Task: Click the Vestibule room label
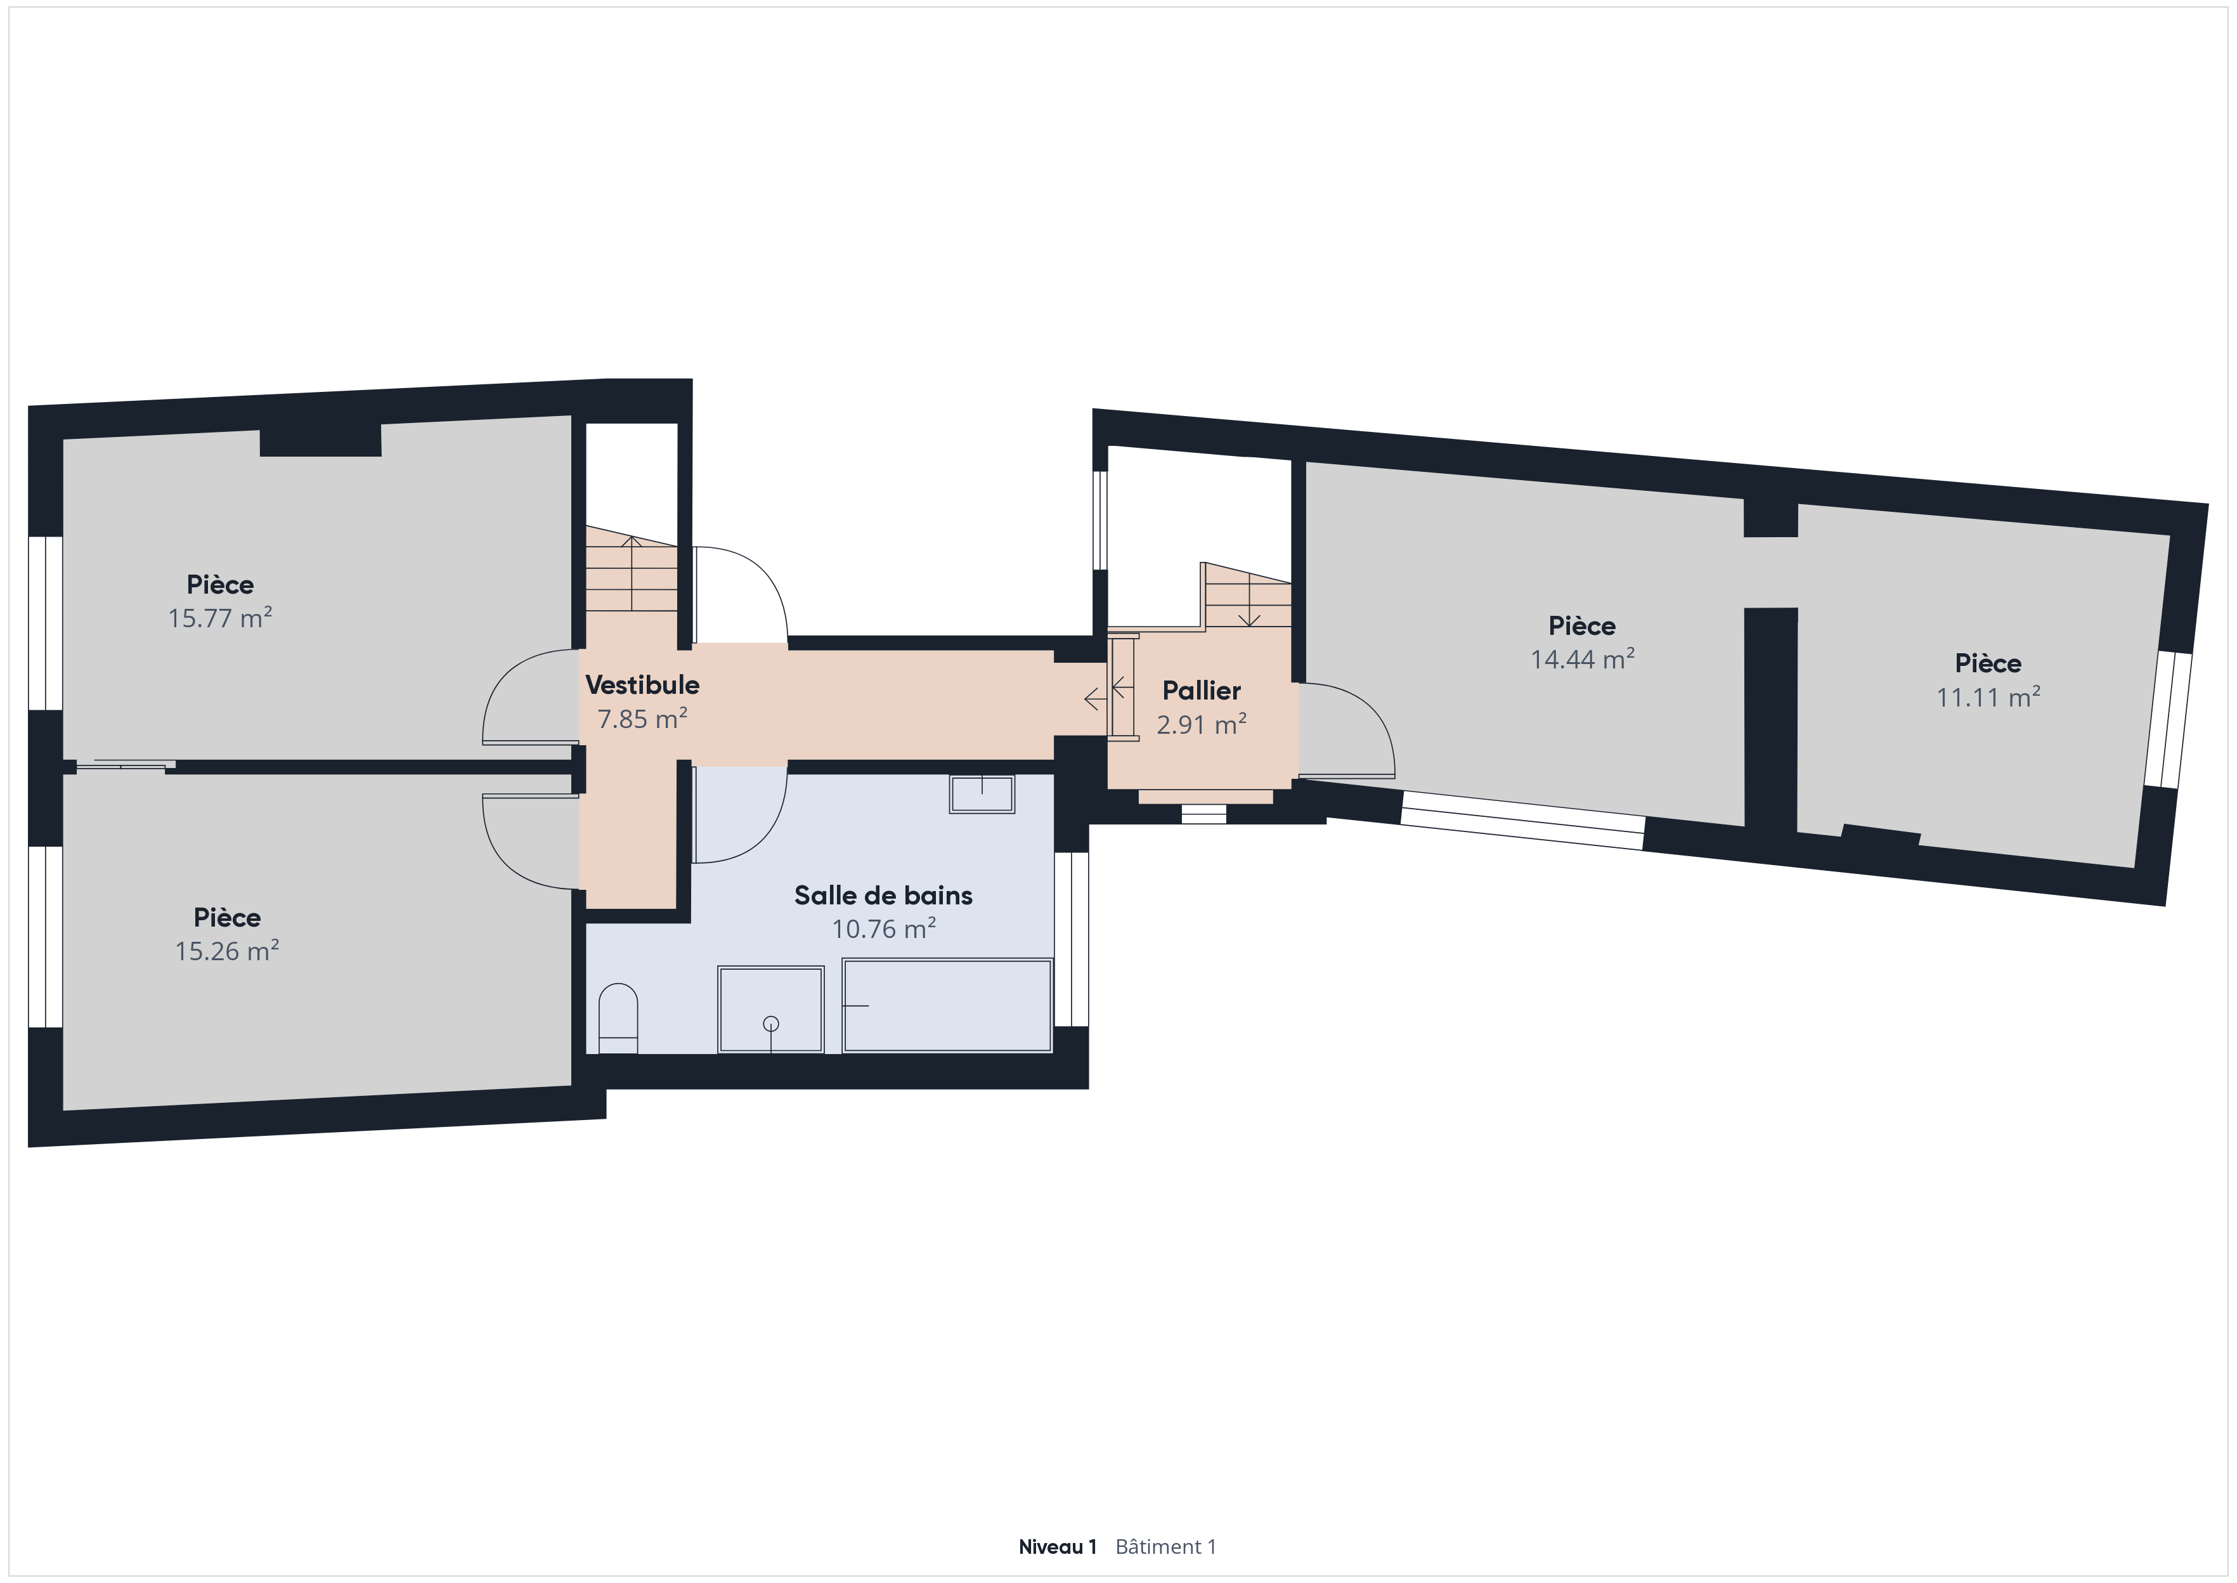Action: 642,685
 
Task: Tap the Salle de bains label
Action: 883,895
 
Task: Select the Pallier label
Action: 1202,691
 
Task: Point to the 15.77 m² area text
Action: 220,618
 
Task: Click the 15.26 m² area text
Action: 227,951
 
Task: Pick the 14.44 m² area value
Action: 1582,659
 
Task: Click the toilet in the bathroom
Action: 618,1019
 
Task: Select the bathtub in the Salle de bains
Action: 947,1006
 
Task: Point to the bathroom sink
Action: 982,793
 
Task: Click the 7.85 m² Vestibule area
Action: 642,719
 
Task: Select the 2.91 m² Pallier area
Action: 1202,725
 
